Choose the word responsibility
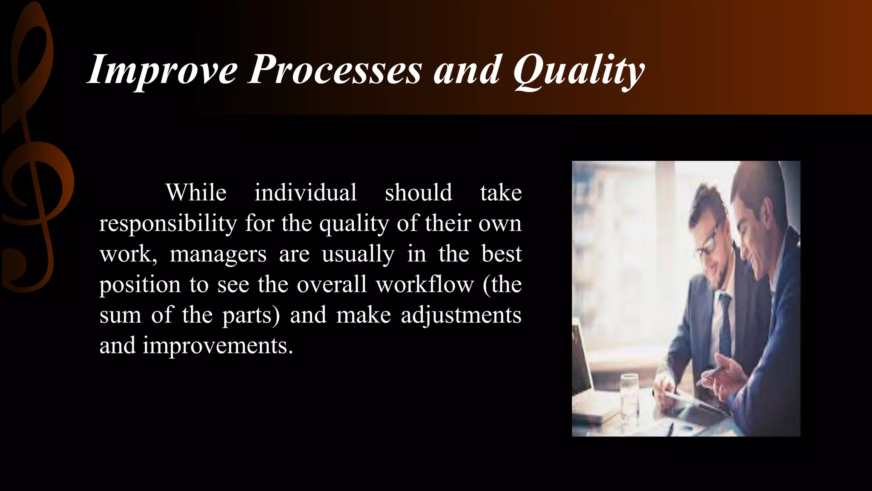[x=168, y=223]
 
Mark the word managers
[x=218, y=254]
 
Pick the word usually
[x=358, y=254]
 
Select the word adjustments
[x=461, y=315]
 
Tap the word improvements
[x=218, y=346]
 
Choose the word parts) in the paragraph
[x=251, y=316]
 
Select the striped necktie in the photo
[x=724, y=324]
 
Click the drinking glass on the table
[x=629, y=396]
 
